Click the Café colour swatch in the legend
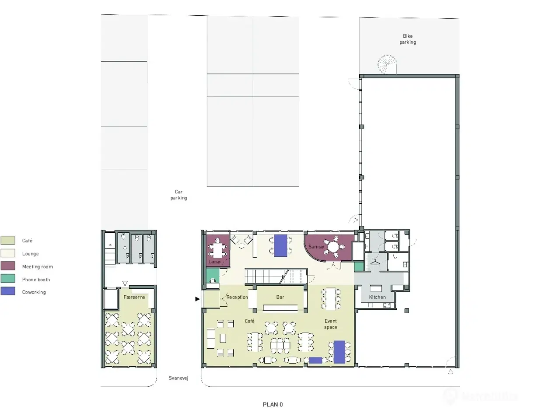(x=8, y=240)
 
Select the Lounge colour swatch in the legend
(x=8, y=253)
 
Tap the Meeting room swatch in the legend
(x=8, y=266)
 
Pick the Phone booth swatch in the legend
(x=8, y=279)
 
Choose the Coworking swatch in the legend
(x=8, y=291)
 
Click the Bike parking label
(x=407, y=39)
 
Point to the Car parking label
(x=178, y=195)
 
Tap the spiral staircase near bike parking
(x=387, y=65)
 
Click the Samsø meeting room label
(x=316, y=247)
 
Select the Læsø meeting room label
(x=214, y=262)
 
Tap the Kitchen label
(x=377, y=297)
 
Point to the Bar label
(x=280, y=297)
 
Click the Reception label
(x=237, y=297)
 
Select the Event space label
(x=331, y=324)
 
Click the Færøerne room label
(x=134, y=297)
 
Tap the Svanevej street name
(x=178, y=378)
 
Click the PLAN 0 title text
(x=273, y=405)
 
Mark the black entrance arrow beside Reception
(x=197, y=299)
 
